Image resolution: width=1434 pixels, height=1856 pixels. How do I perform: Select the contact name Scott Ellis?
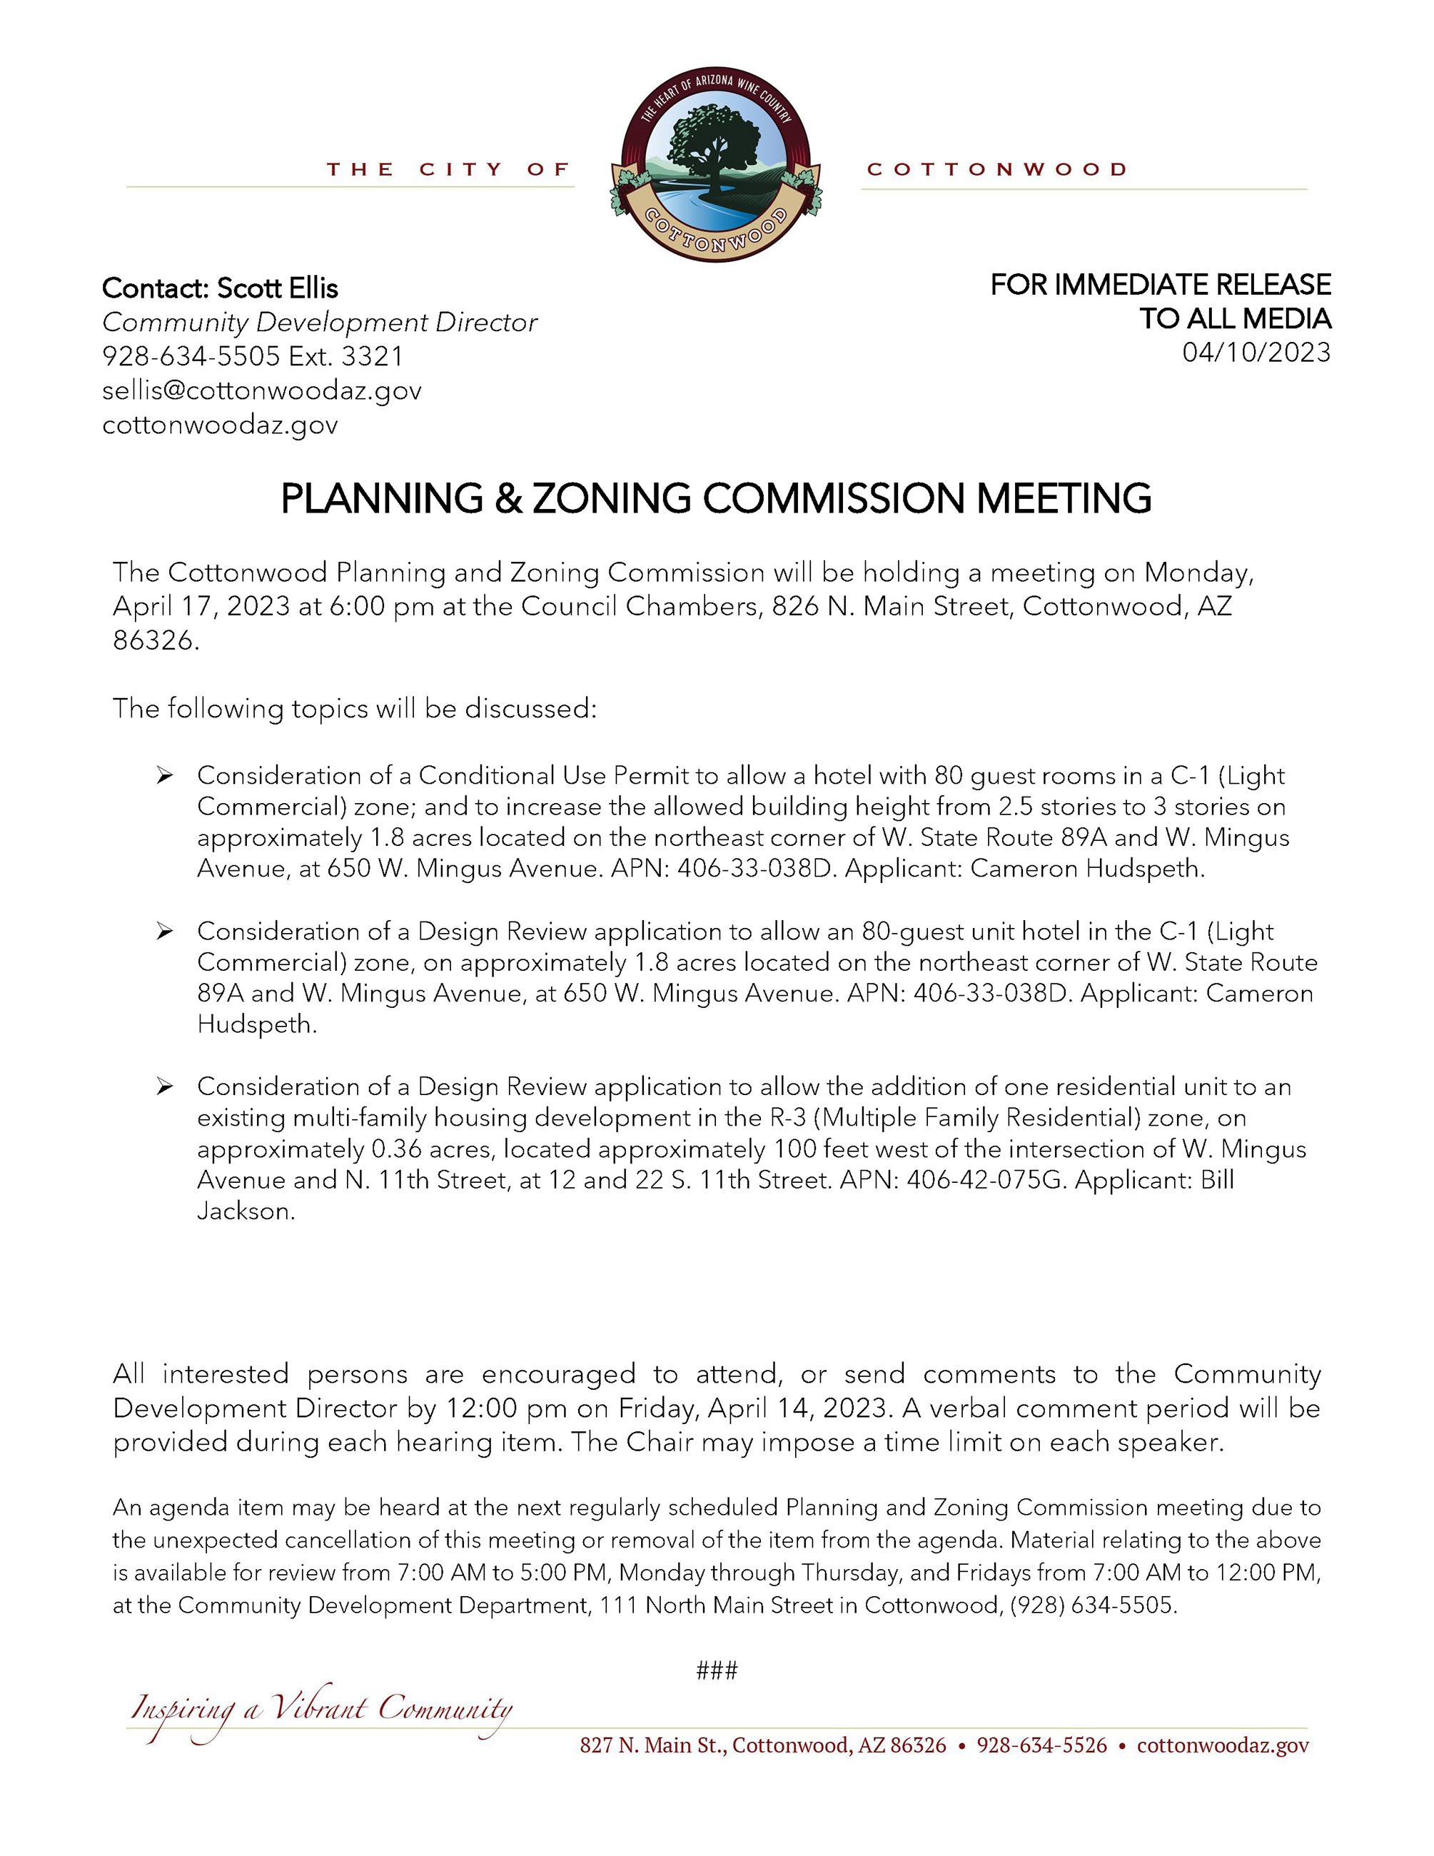point(278,288)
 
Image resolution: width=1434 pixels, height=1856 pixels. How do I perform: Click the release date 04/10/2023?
point(1256,352)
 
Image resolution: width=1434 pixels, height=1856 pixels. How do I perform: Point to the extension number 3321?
point(372,356)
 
